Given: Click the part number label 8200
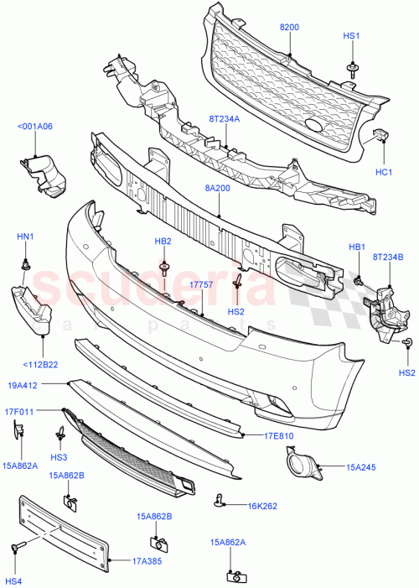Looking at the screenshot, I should coord(288,28).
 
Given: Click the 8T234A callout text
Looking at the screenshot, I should coord(224,118).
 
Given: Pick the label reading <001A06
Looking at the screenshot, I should coord(34,127).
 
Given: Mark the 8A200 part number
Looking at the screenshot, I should coord(218,190).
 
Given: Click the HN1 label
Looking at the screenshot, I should coord(25,237).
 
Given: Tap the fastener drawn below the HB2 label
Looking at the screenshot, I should coord(163,268).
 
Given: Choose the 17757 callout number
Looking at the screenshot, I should coord(201,285).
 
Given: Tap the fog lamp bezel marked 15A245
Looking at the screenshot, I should coord(298,465).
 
